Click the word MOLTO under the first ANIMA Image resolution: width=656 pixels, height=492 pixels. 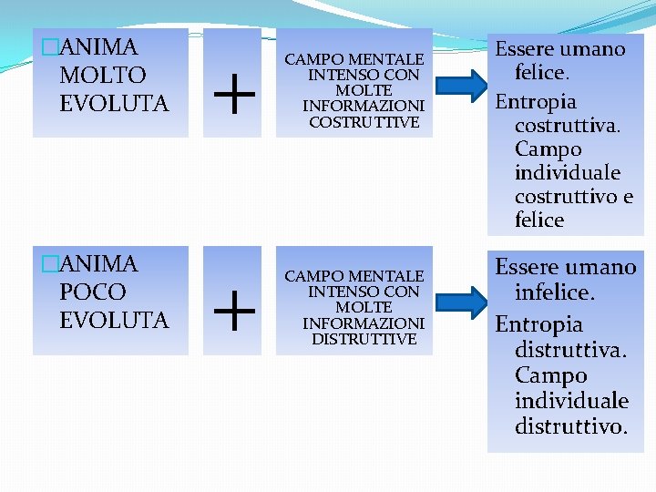(x=102, y=75)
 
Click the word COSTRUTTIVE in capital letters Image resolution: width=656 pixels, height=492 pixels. (x=364, y=122)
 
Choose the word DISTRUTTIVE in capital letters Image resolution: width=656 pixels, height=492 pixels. (x=364, y=339)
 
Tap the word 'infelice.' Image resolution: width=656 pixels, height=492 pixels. (x=555, y=293)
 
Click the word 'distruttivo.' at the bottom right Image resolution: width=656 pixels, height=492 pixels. (x=571, y=425)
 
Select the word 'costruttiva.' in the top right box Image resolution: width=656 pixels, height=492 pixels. (x=567, y=125)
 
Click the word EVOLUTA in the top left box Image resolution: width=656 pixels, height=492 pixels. (x=114, y=103)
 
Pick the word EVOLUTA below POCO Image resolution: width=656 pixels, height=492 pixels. (x=114, y=320)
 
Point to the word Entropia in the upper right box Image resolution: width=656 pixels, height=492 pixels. (x=536, y=101)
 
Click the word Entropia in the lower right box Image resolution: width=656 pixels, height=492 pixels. (x=538, y=323)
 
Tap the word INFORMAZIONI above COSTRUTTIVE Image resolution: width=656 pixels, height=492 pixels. (x=364, y=107)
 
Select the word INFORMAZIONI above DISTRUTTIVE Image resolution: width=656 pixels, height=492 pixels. (x=364, y=323)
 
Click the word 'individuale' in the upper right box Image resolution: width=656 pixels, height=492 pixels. (x=568, y=172)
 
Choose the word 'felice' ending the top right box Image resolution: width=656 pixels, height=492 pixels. (x=539, y=220)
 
